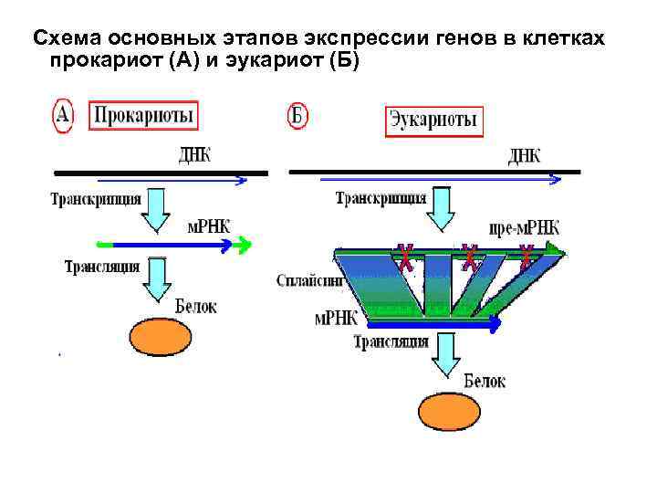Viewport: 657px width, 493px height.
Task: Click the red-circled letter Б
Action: [x=297, y=119]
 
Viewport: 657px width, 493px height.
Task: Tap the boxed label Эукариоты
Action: [x=433, y=121]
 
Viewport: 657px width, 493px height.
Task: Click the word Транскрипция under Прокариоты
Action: [x=96, y=198]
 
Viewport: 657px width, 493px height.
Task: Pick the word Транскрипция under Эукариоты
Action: [x=381, y=198]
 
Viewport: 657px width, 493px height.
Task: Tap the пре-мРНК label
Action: [x=524, y=228]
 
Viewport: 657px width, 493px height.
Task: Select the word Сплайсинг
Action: [x=309, y=281]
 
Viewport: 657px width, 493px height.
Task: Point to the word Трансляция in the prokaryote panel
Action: [x=101, y=267]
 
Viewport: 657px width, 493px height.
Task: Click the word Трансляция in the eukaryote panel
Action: [x=391, y=342]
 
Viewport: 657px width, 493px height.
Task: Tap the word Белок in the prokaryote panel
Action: [x=195, y=307]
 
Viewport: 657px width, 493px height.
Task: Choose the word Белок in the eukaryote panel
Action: [x=485, y=381]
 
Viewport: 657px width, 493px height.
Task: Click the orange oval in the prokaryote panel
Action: [x=161, y=337]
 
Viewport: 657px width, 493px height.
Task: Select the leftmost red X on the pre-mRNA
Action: [x=402, y=257]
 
